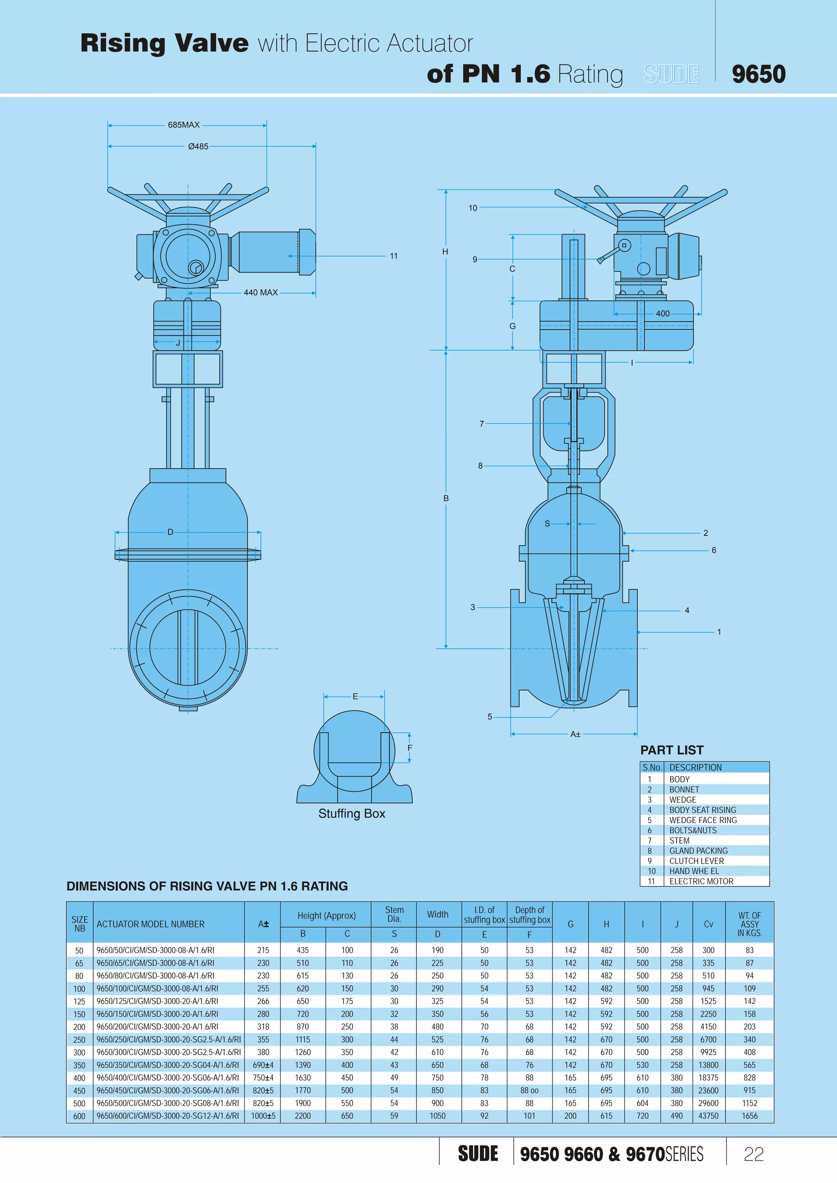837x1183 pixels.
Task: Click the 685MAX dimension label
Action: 184,125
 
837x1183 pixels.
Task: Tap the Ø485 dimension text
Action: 198,146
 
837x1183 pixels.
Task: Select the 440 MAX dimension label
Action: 260,292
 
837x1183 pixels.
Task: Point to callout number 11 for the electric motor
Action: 393,256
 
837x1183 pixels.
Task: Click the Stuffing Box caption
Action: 351,814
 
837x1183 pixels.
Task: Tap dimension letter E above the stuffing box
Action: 355,696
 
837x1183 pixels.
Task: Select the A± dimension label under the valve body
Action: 575,734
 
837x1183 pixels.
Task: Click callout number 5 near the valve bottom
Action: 490,717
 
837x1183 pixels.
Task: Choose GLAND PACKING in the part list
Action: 698,850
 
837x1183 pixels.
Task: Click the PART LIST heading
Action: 671,750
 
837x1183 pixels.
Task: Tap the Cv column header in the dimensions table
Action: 708,924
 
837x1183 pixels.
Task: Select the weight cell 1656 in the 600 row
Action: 750,1116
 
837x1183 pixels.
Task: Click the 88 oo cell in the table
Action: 529,1090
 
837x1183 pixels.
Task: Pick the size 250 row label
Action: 79,1040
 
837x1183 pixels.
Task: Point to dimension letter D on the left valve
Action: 170,532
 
